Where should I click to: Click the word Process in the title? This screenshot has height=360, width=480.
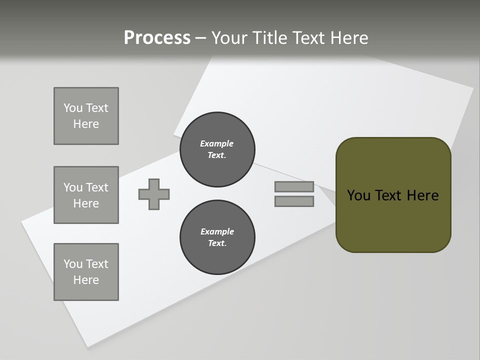157,38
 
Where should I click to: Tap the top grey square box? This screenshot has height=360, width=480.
86,116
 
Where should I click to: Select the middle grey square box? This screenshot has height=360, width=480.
86,195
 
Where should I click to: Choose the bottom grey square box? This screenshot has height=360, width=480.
86,272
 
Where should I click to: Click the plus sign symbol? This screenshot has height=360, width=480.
154,194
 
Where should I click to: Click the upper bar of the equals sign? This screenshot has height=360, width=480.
294,186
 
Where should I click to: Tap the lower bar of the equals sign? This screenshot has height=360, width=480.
294,201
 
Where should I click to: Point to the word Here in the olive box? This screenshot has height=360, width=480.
422,195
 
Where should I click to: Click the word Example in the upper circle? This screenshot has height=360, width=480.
217,143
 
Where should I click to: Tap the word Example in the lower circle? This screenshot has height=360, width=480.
217,231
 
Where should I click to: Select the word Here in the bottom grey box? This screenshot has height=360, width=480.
86,280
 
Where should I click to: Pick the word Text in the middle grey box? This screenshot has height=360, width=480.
96,187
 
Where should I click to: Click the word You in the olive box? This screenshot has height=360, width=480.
358,195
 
